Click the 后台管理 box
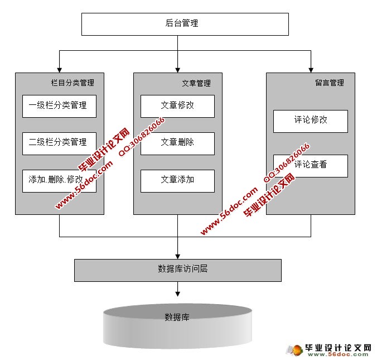point(185,24)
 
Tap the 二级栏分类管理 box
point(59,143)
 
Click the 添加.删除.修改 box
point(59,180)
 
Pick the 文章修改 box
point(177,106)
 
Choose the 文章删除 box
point(177,143)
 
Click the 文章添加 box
point(177,180)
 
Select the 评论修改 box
point(310,121)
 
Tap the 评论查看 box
point(310,165)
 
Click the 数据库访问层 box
point(177,270)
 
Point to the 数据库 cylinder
point(177,327)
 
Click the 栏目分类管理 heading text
point(72,83)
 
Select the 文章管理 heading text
point(196,84)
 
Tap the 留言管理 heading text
point(329,83)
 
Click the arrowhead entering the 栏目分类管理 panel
point(59,69)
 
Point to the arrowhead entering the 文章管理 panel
point(177,69)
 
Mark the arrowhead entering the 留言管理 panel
point(310,69)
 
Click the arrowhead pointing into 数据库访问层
point(177,256)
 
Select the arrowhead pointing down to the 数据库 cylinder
point(177,292)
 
